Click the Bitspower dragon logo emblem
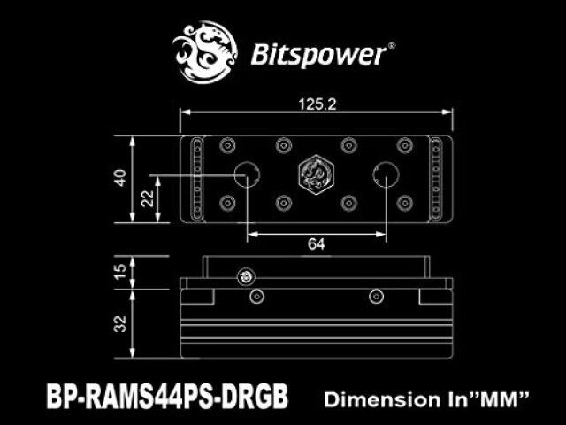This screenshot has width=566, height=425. pos(204,53)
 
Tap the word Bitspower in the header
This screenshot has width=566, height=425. pos(318,55)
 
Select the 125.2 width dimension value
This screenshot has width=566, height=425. pos(317,104)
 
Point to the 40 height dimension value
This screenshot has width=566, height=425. pos(120,178)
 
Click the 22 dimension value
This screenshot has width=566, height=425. pos(148,198)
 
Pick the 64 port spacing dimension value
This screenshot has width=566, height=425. pos(317,244)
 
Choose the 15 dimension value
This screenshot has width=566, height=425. pos(120,271)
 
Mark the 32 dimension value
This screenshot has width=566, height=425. pos(120,324)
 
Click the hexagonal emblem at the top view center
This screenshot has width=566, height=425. pos(316,175)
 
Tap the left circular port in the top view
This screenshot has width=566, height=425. pos(247,175)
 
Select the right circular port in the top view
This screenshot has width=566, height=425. pos(386,175)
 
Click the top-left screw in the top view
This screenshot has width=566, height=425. pos(227,145)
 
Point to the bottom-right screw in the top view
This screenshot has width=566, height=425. pos(405,203)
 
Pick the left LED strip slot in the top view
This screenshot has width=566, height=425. pos(197,179)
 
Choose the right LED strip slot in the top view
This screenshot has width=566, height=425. pos(436,179)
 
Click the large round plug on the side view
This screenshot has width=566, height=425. pos(246,277)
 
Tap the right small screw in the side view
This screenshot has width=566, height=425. pos(376,297)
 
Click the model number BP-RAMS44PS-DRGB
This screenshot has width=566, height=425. pos(167,396)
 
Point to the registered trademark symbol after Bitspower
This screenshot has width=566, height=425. pos(391,45)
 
